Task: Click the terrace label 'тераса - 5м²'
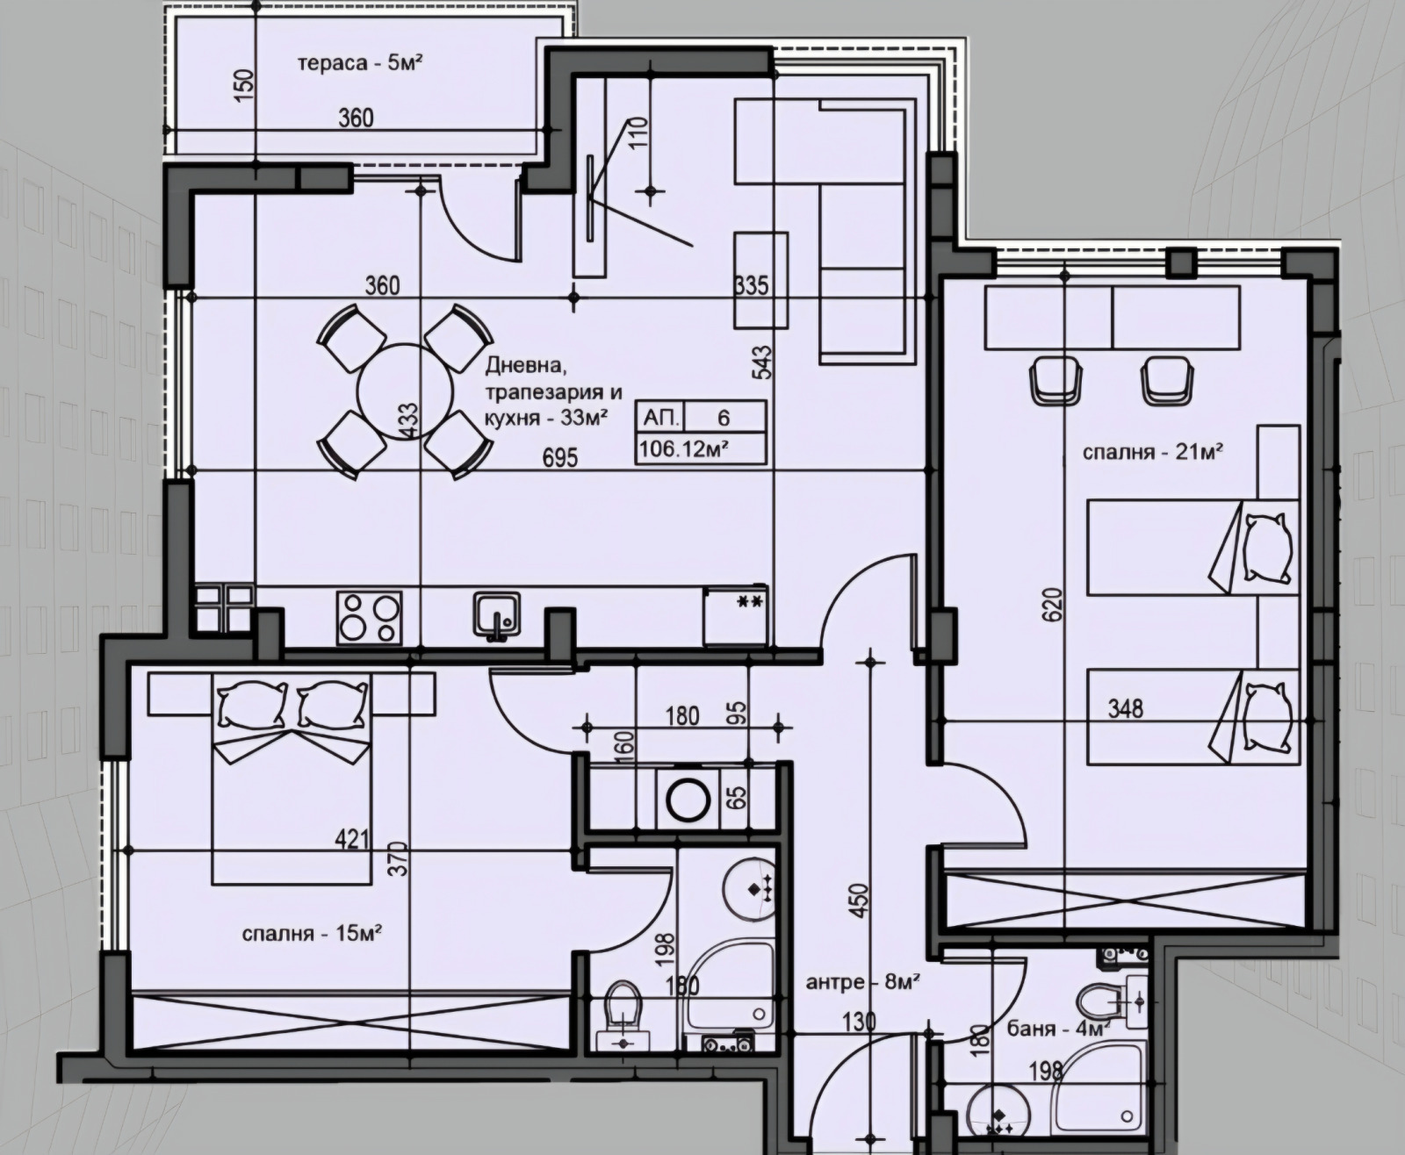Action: pos(360,63)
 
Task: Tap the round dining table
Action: pos(405,391)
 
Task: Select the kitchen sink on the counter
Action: pos(497,616)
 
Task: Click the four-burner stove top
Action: pos(369,617)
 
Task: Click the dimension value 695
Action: pos(559,458)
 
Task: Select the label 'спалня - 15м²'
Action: pos(312,933)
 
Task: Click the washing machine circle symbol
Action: pos(689,798)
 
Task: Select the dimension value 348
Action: pos(1125,708)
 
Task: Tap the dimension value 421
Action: pos(352,839)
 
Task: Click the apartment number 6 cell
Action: pos(724,418)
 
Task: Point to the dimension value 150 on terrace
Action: pos(245,84)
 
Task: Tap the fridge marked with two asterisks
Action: pos(736,615)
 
